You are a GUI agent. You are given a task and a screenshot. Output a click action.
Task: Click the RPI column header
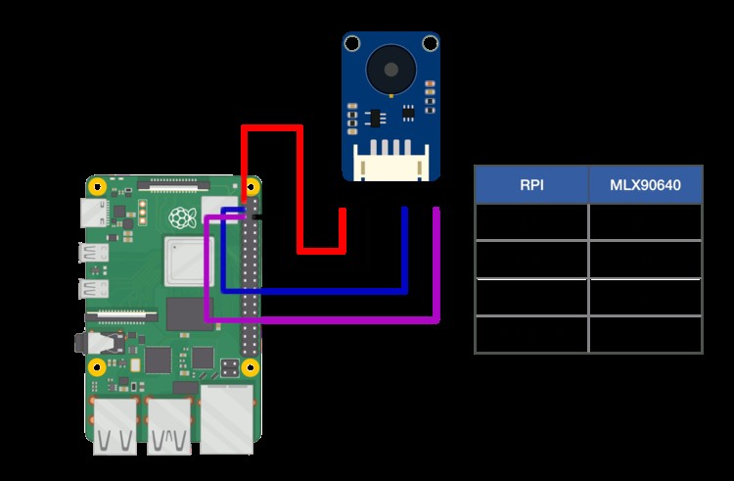531,184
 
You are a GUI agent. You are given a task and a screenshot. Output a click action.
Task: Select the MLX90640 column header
645,184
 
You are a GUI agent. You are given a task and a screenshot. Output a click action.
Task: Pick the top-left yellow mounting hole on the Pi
98,186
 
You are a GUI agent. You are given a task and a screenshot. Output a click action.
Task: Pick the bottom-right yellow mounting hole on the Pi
251,368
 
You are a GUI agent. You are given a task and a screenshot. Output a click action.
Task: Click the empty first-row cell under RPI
531,221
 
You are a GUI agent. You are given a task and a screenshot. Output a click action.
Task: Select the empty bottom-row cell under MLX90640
645,334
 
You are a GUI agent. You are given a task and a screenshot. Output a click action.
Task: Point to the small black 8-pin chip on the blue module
374,117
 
